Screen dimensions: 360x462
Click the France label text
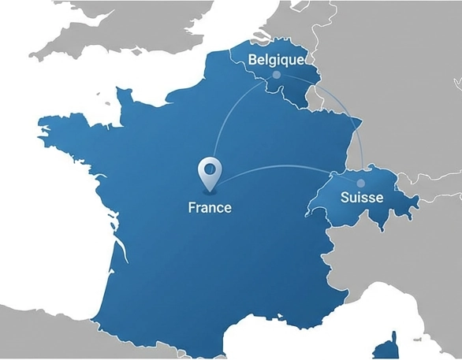[x=210, y=208]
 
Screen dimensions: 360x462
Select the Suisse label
[x=362, y=197]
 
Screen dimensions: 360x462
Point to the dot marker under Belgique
[x=276, y=75]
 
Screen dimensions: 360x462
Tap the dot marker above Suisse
[x=361, y=183]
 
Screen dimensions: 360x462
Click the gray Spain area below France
[x=47, y=331]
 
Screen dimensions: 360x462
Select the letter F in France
[x=192, y=208]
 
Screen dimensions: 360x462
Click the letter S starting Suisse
[x=345, y=197]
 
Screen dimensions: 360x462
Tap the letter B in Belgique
[x=252, y=60]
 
